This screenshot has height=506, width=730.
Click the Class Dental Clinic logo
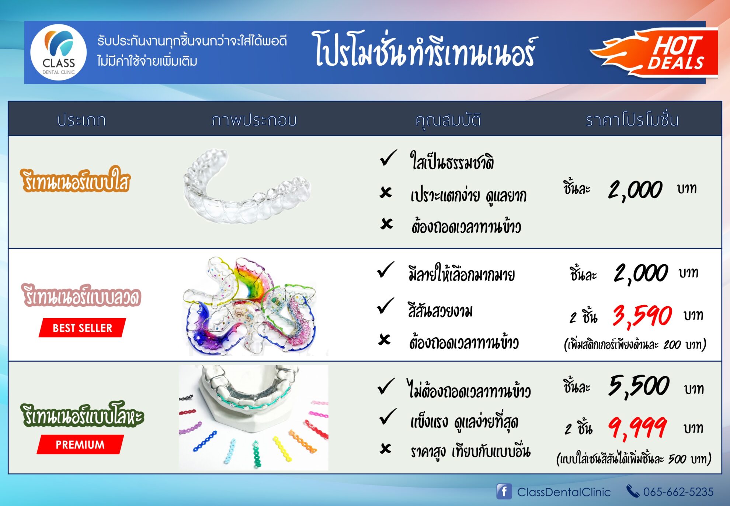point(58,52)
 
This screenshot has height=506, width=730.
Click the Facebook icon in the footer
point(504,491)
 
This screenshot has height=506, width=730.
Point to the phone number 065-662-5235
point(678,492)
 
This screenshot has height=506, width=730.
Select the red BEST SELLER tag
point(82,328)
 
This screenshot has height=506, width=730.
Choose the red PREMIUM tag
point(80,444)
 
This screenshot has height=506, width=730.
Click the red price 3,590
point(642,316)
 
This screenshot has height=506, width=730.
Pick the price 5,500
point(639,386)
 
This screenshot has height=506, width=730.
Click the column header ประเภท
point(81,120)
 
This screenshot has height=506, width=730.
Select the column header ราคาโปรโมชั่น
point(632,120)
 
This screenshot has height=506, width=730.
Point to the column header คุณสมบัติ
point(448,120)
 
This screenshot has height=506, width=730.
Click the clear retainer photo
point(247,187)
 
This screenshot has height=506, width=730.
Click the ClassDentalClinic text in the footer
point(564,492)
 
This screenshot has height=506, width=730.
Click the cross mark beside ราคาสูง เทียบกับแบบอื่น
point(386,448)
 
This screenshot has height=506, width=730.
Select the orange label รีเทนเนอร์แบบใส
point(75,180)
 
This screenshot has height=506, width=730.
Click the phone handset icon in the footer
point(633,491)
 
